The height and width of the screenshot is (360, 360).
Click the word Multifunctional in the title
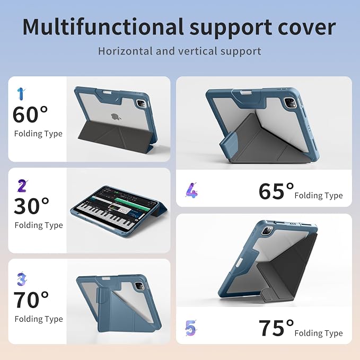103,27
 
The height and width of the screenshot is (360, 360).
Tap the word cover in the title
307,28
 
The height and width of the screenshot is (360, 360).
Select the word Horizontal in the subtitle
125,51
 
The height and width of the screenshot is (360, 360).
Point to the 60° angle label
30,115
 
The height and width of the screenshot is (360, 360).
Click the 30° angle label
31,206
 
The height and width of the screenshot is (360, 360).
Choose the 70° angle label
31,300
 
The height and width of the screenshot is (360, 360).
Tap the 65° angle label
276,191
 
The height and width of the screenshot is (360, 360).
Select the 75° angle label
276,328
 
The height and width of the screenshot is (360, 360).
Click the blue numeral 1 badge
21,94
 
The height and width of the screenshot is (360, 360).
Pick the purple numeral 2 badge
22,186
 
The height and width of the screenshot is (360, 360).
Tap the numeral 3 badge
22,279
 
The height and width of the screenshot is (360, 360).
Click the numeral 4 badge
192,190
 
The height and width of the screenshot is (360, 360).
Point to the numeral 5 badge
191,328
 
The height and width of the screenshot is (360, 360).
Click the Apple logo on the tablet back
116,117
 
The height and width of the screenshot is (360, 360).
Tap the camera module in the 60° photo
141,103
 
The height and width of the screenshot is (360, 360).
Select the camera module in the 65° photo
290,102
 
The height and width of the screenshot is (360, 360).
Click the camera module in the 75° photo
267,230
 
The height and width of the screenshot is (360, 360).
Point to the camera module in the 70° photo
139,286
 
